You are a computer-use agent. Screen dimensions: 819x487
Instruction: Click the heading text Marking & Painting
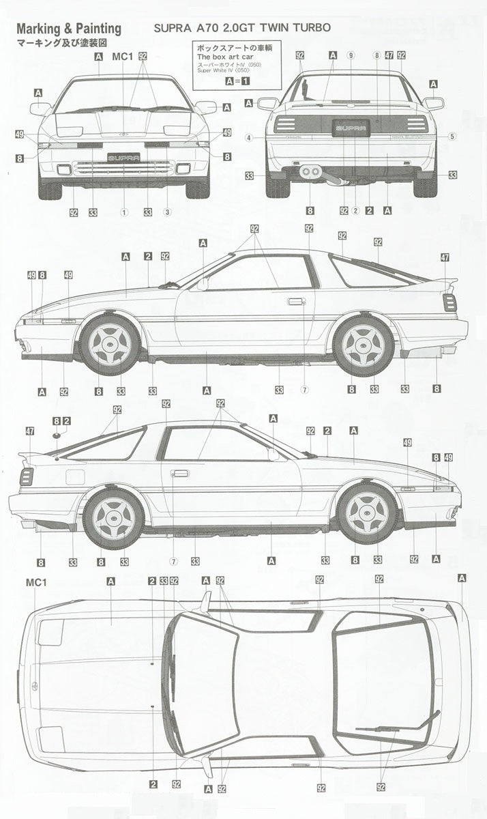[x=68, y=29]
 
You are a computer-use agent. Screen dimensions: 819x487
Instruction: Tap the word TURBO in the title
[x=311, y=28]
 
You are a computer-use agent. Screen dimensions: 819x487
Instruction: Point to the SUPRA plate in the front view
[x=123, y=156]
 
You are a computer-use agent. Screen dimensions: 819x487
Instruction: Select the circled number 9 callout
[x=351, y=55]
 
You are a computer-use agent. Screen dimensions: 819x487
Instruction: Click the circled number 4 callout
[x=249, y=137]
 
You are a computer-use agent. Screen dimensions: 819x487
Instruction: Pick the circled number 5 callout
[x=452, y=136]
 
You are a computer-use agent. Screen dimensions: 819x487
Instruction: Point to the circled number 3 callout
[x=166, y=212]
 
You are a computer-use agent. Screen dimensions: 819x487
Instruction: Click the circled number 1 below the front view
[x=124, y=212]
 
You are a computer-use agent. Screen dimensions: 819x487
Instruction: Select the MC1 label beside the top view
[x=34, y=582]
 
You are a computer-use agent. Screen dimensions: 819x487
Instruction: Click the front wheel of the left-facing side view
[x=110, y=344]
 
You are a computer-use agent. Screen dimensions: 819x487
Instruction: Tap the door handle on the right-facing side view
[x=180, y=473]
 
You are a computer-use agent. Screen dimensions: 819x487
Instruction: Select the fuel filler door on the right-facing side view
[x=75, y=476]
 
